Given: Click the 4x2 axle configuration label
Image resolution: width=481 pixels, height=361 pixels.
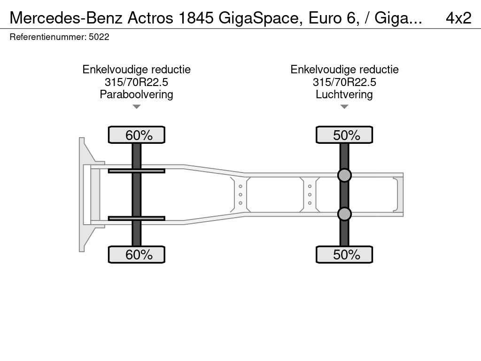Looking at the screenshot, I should pos(458,18).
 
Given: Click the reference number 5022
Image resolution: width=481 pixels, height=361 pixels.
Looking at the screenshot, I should pos(99,37).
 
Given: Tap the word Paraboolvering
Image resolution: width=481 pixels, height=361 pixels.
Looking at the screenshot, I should pos(136,94).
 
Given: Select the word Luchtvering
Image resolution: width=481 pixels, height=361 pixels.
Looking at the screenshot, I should pos(344,94).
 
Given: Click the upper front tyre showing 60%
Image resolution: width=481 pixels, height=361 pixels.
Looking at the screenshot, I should pos(137,135).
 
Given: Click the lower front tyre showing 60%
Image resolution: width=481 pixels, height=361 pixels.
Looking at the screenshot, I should pos(137,254).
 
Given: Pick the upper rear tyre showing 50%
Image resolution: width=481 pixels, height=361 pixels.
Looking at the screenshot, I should pos(344,135).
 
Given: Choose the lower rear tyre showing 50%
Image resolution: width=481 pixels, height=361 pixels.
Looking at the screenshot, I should pos(344,254).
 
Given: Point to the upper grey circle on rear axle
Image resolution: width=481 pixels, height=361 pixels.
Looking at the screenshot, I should pos(344,175).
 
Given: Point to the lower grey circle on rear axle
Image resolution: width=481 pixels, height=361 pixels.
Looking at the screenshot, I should pos(344,214).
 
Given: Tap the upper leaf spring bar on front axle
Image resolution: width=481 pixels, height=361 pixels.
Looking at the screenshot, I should pos(136,171).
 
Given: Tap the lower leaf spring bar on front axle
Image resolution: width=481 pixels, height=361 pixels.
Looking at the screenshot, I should pos(136,218).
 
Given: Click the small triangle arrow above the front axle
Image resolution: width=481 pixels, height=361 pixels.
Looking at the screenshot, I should pos(137,107).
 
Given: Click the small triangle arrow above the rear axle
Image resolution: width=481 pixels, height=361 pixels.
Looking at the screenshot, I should pos(344,107).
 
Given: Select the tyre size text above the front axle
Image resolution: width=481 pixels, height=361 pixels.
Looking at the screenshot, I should pos(136,82).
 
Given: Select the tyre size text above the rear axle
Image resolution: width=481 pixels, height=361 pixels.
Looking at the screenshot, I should pos(344,82).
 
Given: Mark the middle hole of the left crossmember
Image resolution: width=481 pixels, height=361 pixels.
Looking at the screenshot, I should pos(240,195).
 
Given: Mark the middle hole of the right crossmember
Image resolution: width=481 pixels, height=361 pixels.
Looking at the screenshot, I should pos(310,195).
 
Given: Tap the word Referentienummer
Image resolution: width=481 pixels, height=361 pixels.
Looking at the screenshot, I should pos(47,37).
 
